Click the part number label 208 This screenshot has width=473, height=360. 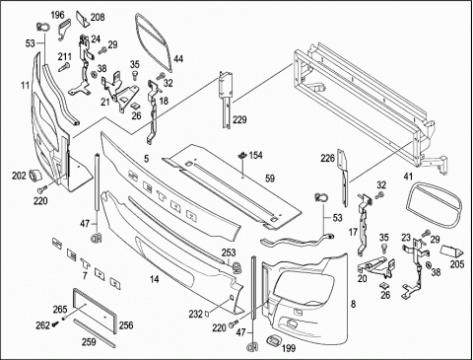pyautogui.click(x=98, y=17)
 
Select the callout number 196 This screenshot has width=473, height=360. pyautogui.click(x=57, y=15)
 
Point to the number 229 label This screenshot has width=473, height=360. pyautogui.click(x=239, y=119)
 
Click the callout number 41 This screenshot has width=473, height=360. pyautogui.click(x=408, y=177)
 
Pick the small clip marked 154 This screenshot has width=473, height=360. pyautogui.click(x=242, y=155)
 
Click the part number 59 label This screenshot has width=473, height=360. pyautogui.click(x=270, y=179)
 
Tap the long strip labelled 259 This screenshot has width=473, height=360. pyautogui.click(x=95, y=332)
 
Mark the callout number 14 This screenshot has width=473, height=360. pyautogui.click(x=155, y=279)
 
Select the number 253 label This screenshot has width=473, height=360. pyautogui.click(x=229, y=252)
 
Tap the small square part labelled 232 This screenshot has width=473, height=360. pyautogui.click(x=207, y=313)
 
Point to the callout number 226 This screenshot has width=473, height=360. pyautogui.click(x=328, y=159)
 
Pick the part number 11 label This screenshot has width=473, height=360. pyautogui.click(x=26, y=86)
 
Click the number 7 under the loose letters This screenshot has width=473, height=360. pyautogui.click(x=85, y=275)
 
